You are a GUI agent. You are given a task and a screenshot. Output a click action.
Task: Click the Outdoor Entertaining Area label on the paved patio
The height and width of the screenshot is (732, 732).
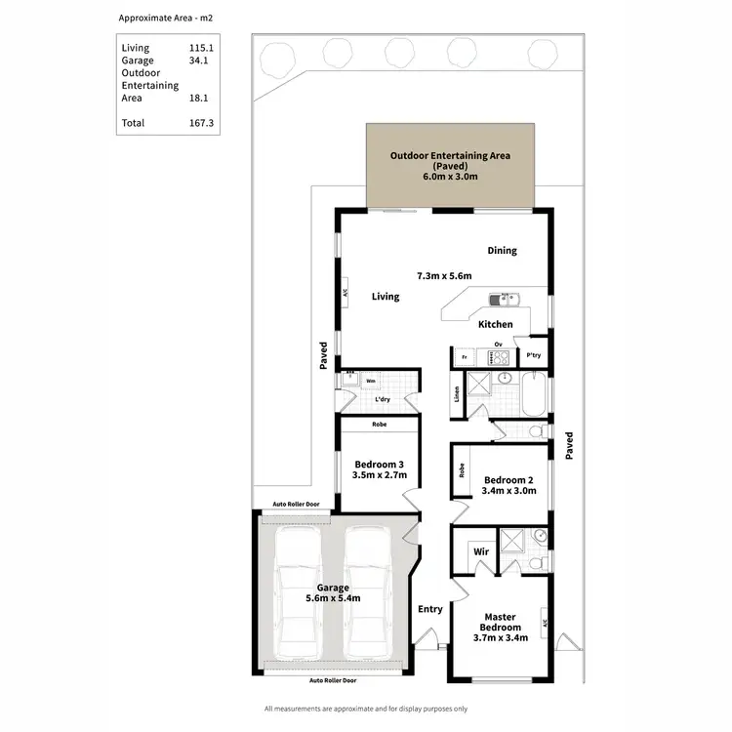pos(450,155)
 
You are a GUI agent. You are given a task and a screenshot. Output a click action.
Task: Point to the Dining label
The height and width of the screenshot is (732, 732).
pos(503,251)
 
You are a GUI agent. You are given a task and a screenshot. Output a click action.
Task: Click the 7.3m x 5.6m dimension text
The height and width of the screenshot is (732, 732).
pos(444,276)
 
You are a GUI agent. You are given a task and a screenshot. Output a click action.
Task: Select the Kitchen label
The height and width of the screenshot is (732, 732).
pos(495,324)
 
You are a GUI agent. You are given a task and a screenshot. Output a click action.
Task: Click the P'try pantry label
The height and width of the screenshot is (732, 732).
pos(534,355)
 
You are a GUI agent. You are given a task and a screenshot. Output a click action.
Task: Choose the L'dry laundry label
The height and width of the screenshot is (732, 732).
pos(383,400)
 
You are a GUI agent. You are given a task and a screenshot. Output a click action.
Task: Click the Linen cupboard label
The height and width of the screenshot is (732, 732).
pos(457,394)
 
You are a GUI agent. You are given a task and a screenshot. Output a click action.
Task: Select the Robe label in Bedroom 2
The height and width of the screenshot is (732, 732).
pos(461,470)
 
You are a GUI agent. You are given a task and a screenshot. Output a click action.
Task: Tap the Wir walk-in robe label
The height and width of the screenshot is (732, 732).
pos(481,551)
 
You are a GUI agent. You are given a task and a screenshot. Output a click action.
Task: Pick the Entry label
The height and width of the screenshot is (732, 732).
pos(429,609)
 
